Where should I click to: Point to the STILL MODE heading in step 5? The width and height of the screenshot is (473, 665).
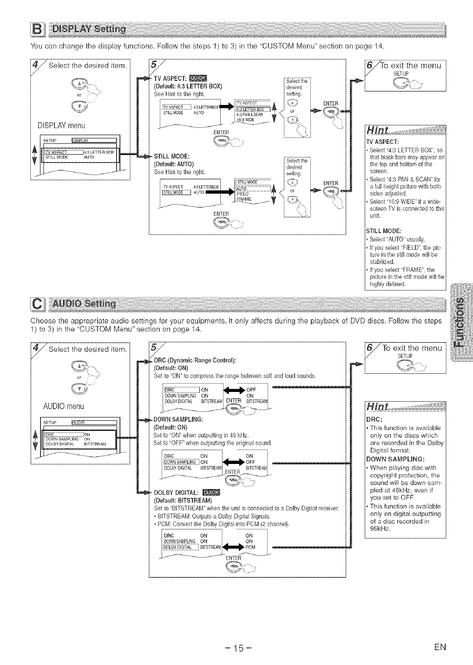coord(171,156)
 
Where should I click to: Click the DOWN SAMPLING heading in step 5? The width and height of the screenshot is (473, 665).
coord(177,419)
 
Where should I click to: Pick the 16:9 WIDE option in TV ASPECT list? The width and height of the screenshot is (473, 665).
coord(247,120)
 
